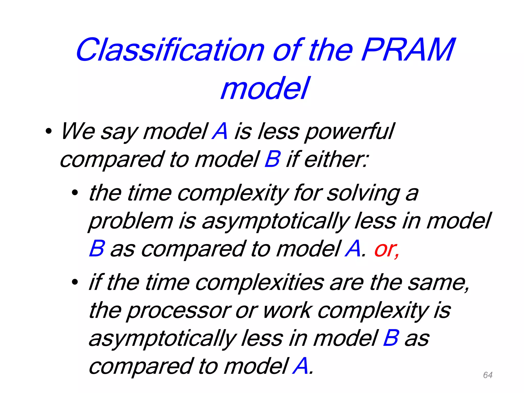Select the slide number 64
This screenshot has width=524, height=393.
click(488, 375)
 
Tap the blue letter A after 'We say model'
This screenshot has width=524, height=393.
click(220, 131)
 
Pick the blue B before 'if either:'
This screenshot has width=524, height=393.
click(272, 159)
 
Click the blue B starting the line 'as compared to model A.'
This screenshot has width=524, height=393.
click(97, 249)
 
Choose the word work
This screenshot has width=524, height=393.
click(288, 311)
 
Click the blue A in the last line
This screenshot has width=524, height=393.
click(300, 366)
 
